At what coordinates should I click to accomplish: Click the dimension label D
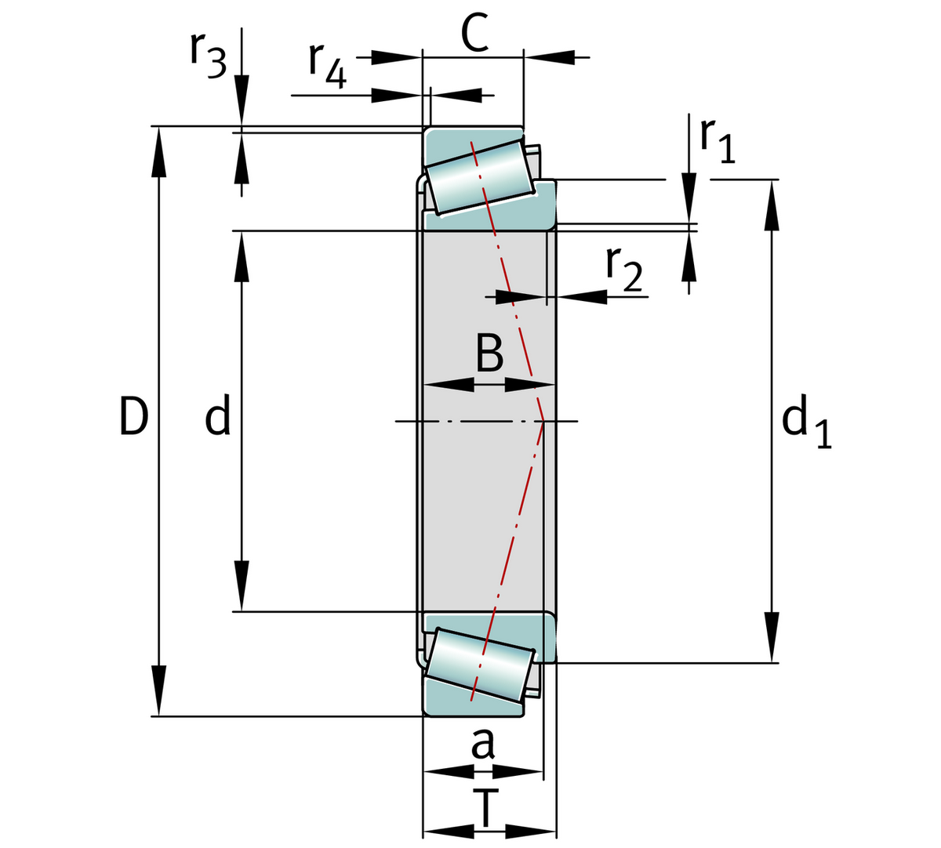click(133, 415)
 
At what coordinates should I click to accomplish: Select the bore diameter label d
click(218, 415)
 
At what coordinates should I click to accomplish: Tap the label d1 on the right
click(806, 424)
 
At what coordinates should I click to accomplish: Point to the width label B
click(489, 353)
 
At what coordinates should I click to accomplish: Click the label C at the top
click(474, 34)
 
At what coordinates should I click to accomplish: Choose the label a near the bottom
click(483, 743)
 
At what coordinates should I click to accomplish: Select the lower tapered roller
click(480, 664)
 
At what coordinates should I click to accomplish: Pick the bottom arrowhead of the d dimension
click(242, 588)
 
